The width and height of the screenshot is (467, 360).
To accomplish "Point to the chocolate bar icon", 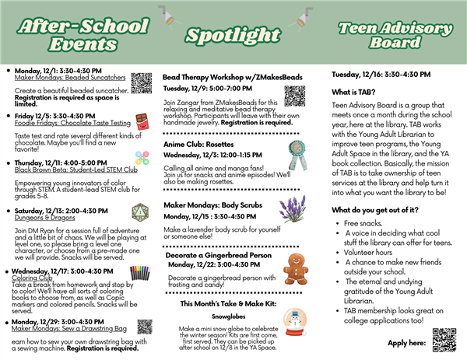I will pyautogui.click(x=141, y=121).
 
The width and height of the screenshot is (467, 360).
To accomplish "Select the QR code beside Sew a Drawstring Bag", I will pyautogui.click(x=144, y=327).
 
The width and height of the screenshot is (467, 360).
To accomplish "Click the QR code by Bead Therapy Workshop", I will pyautogui.click(x=293, y=94).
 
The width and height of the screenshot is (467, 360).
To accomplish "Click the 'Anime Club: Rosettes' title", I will pyautogui.click(x=200, y=143).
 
